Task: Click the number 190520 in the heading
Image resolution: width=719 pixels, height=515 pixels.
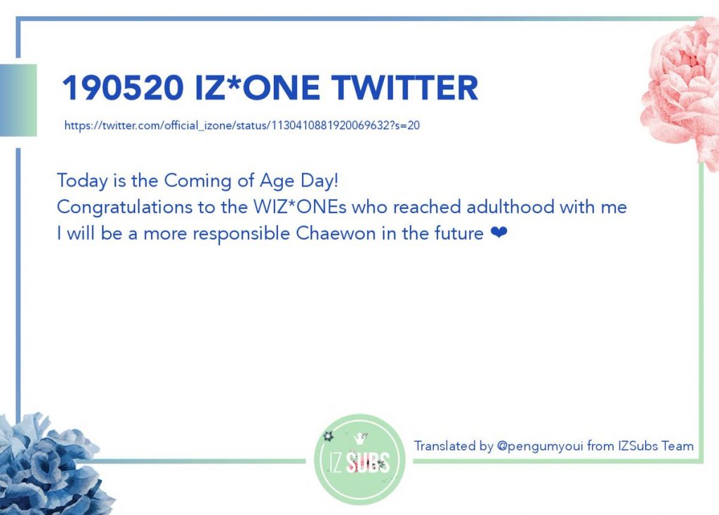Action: (123, 88)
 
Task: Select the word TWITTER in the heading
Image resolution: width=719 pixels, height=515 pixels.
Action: (405, 88)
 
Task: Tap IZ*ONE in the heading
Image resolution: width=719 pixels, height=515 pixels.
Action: (257, 88)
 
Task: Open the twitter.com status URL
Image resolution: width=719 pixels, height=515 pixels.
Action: (242, 126)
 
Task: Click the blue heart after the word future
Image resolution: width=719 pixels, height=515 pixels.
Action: (499, 233)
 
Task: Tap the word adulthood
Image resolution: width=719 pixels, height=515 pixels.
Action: (510, 207)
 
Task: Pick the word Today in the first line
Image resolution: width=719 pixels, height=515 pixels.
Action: (82, 181)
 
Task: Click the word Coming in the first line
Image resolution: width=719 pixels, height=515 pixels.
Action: (197, 181)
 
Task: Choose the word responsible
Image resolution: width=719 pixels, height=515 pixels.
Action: (242, 234)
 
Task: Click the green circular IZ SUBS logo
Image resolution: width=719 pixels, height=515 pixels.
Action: (359, 460)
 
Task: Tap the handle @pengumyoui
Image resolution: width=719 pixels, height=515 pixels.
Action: (540, 446)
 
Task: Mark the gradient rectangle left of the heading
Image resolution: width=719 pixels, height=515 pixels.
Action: (18, 100)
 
